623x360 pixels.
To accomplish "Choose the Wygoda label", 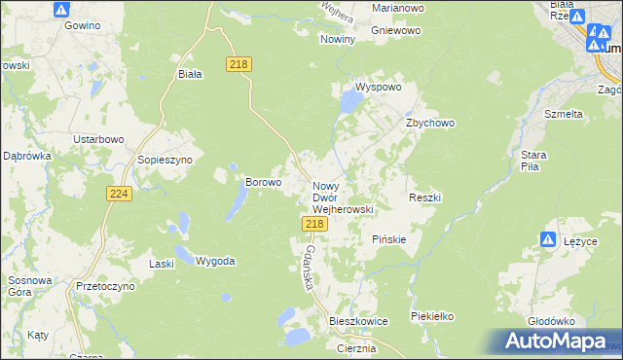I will pos(215,261).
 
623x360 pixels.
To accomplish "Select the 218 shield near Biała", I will pos(239,63).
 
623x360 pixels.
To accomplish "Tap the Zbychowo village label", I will pos(430,124).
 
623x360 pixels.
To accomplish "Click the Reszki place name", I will pos(425,198).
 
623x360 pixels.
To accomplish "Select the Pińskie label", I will pos(389,239).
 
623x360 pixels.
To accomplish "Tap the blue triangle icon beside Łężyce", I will pos(548,239).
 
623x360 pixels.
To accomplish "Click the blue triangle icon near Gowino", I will pos(61,10).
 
